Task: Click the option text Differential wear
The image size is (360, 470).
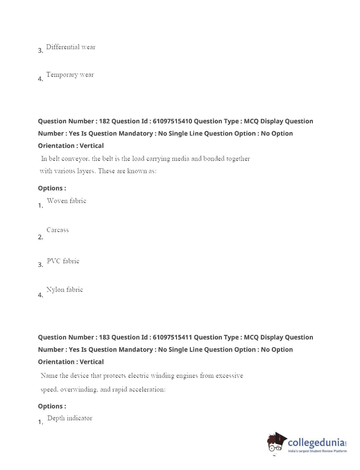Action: pos(71,47)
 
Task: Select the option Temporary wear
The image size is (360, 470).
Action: pos(70,75)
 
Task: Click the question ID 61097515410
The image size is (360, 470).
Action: pos(172,121)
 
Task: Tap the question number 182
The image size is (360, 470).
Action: pos(104,121)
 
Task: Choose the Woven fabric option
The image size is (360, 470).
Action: pos(67,201)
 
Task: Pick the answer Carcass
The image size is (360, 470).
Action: pos(58,230)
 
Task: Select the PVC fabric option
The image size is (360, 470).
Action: pos(63,261)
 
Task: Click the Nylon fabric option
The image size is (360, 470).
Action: pos(65,290)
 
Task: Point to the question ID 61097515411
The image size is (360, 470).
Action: pos(172,337)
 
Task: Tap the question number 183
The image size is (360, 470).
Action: pos(104,337)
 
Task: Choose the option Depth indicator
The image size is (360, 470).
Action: pos(70,418)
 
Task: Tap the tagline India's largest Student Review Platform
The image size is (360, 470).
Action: pos(317,451)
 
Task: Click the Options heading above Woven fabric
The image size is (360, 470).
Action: pos(52,188)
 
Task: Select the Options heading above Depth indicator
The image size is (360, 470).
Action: pos(52,406)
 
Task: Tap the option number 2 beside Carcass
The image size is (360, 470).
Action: pos(40,237)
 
